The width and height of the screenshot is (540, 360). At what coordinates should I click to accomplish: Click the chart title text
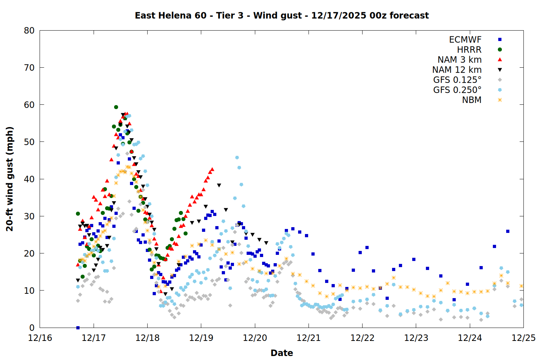[282, 15]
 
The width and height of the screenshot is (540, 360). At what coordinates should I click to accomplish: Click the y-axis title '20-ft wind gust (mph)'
[10, 179]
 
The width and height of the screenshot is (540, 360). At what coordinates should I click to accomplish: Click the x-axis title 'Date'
[282, 353]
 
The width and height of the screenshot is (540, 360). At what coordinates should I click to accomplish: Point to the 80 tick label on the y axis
[29, 31]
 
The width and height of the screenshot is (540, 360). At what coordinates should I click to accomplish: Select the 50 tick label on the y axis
[29, 142]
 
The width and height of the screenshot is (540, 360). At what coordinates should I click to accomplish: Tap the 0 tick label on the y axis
[32, 328]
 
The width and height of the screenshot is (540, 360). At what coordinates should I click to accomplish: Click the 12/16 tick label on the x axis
[40, 338]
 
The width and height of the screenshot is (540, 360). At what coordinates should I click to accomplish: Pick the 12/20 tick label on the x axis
[255, 338]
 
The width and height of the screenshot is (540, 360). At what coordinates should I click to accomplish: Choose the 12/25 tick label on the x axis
[523, 338]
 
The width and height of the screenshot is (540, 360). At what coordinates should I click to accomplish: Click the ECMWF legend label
[465, 40]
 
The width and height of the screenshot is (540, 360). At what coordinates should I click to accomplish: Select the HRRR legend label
[469, 50]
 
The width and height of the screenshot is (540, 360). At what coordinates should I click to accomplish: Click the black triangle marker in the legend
[500, 70]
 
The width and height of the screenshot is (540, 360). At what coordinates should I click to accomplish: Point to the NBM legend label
[472, 100]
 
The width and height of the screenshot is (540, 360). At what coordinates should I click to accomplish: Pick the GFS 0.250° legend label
[457, 90]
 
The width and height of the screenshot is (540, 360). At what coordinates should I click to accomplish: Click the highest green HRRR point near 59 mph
[116, 107]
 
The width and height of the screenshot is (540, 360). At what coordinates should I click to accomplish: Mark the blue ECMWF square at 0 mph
[78, 328]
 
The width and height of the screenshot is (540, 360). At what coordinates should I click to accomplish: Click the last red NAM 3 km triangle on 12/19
[212, 169]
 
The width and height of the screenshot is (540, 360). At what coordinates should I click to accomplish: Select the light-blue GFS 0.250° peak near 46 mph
[237, 157]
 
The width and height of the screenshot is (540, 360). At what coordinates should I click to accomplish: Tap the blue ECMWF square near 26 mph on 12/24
[508, 231]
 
